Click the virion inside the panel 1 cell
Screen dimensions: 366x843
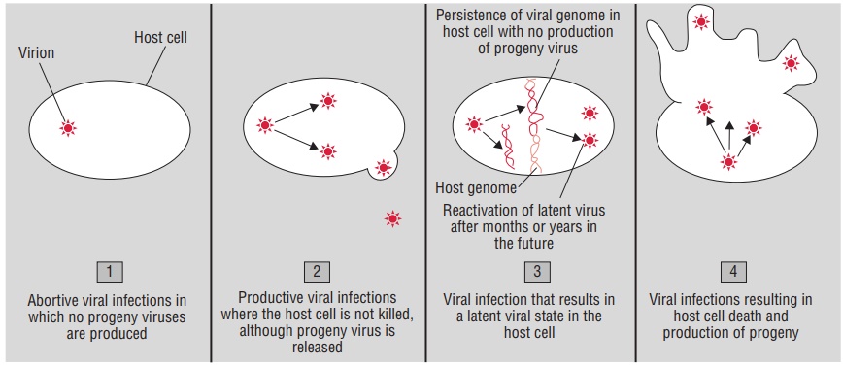point(68,127)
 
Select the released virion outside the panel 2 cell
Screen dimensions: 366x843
point(392,218)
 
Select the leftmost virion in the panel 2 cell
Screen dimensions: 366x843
point(265,125)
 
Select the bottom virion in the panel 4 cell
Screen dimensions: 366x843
point(728,162)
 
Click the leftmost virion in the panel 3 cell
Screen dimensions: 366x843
point(474,124)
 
